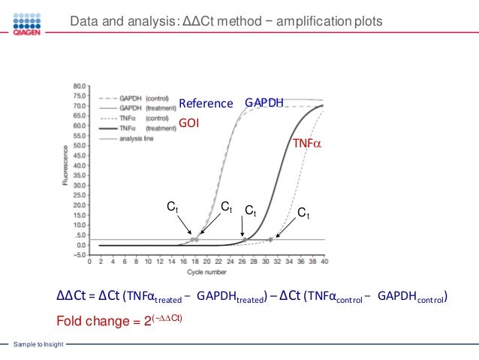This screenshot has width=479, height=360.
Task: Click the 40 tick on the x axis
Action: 324,262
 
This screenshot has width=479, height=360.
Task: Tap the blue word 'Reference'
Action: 206,103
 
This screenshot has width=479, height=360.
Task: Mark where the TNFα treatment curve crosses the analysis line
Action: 244,240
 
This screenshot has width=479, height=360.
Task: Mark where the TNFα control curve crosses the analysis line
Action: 271,240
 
